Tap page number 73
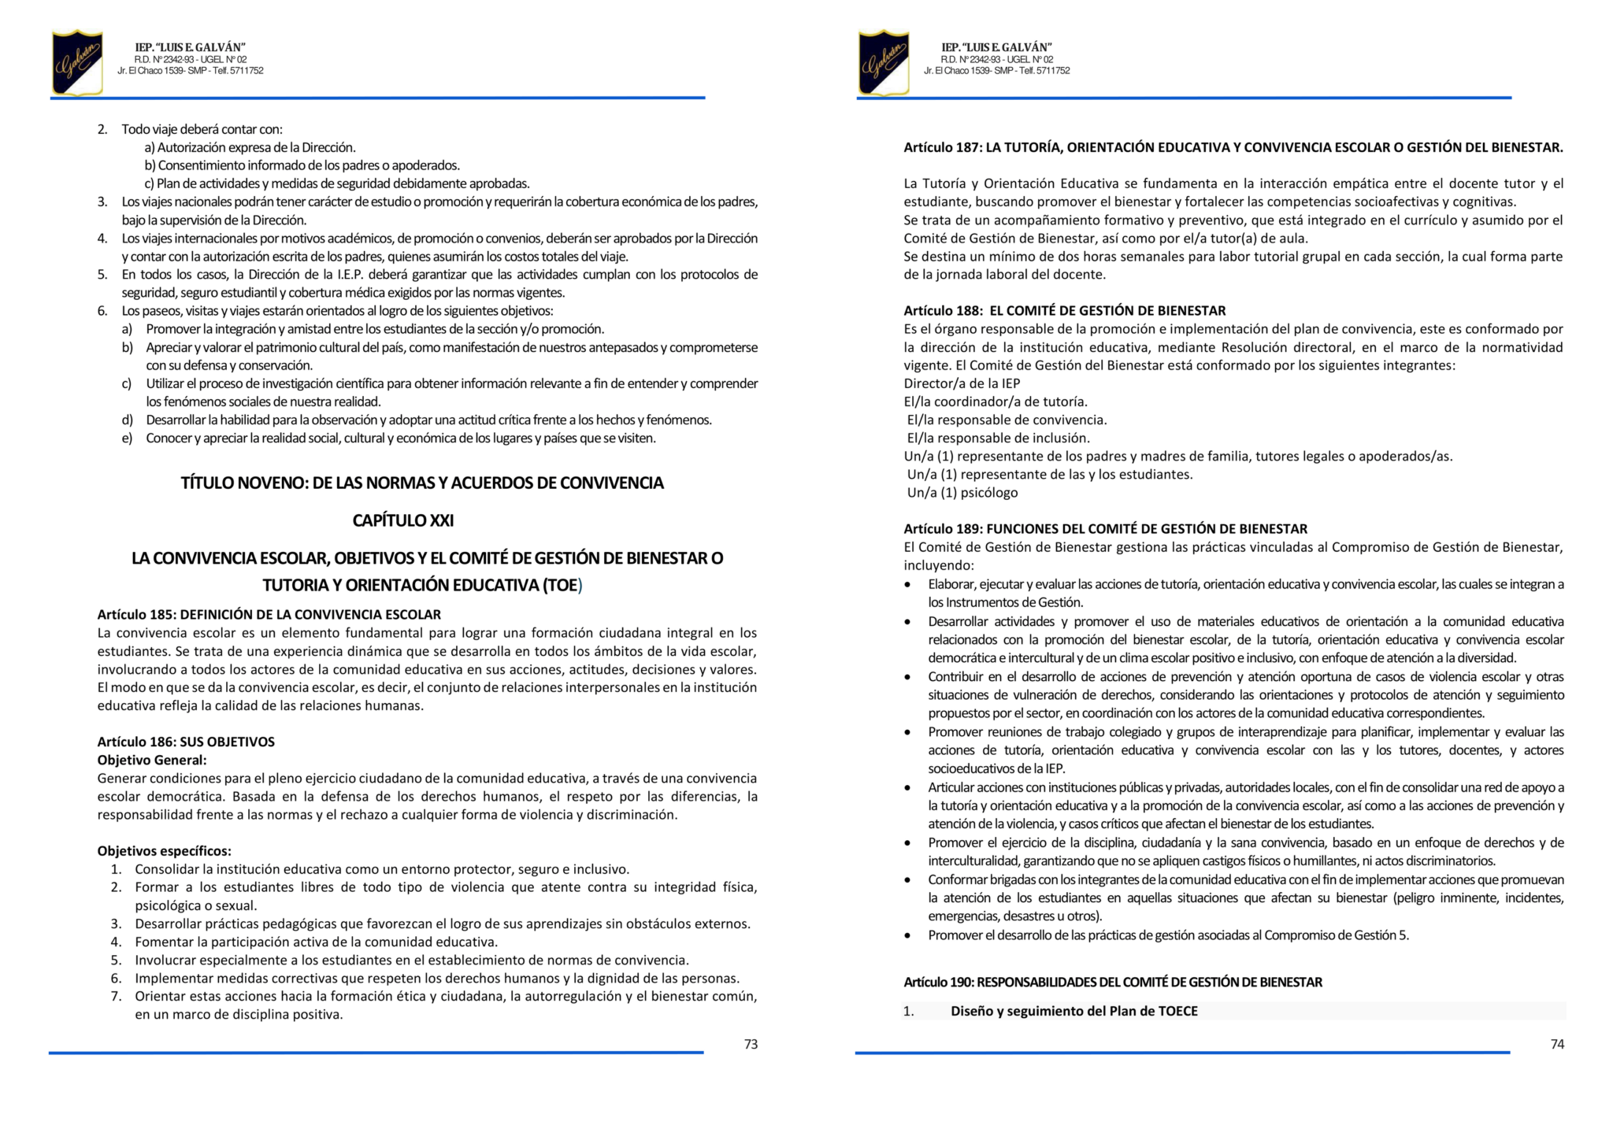[751, 1044]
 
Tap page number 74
[1557, 1044]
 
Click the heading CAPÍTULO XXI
[402, 520]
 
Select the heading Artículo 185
[269, 614]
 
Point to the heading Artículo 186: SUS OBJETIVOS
[186, 742]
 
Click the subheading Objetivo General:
[152, 760]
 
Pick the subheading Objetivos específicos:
[165, 851]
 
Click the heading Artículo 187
[1233, 147]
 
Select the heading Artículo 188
[1064, 311]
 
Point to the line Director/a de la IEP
[962, 383]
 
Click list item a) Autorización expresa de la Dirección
[250, 147]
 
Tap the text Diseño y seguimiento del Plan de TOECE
[1073, 1011]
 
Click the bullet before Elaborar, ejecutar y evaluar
[908, 585]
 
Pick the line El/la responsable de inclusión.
[998, 438]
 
